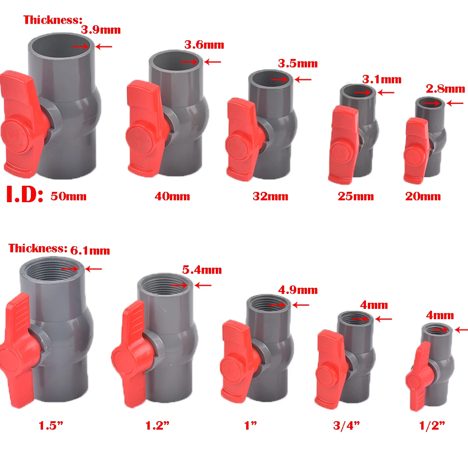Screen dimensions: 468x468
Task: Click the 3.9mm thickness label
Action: click(x=101, y=30)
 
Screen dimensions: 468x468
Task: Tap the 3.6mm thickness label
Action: click(x=204, y=45)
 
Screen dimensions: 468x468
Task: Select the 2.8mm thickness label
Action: click(x=446, y=89)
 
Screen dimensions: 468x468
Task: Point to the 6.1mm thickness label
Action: click(x=90, y=251)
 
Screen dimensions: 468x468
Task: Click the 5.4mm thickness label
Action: click(x=202, y=270)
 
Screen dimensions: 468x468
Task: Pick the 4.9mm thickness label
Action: click(x=298, y=290)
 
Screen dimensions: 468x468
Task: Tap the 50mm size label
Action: click(x=68, y=196)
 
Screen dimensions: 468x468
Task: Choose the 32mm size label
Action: click(x=271, y=197)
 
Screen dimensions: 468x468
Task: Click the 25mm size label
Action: click(x=356, y=197)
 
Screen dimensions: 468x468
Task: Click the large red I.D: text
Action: click(x=24, y=195)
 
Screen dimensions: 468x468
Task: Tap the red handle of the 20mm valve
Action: click(x=416, y=150)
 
